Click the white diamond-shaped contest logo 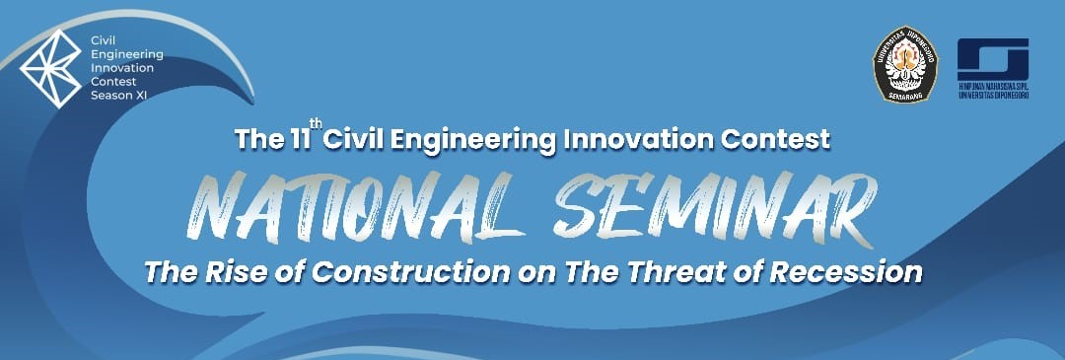tap(52, 66)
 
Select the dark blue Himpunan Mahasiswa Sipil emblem tap(993, 58)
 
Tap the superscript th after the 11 tap(317, 123)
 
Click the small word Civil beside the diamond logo tap(101, 42)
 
